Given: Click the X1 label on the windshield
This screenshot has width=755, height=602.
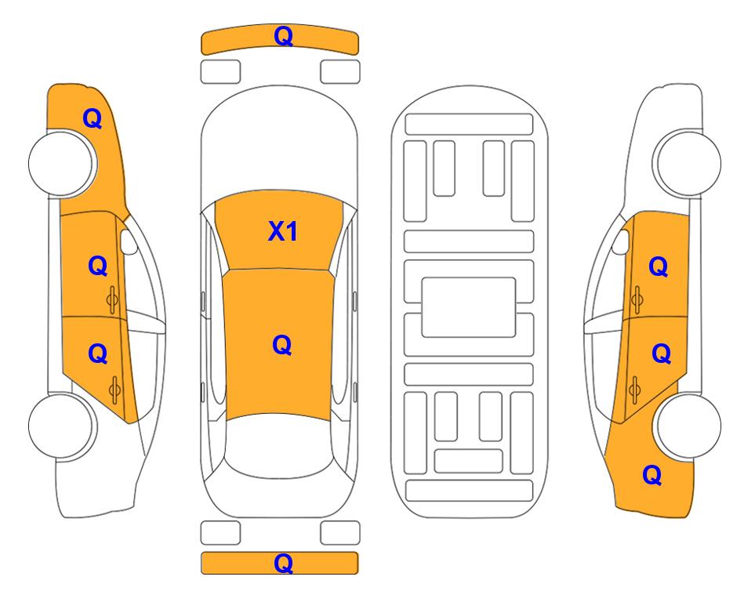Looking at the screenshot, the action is tap(283, 231).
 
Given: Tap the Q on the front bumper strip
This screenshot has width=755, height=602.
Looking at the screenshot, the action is tap(283, 36).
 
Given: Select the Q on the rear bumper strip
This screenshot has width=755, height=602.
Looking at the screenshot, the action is tap(283, 563).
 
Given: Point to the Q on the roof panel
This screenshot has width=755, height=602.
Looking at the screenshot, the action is tap(282, 345).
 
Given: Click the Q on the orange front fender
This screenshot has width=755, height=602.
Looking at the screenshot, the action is tap(93, 118).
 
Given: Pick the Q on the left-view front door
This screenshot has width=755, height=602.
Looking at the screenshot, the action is tap(98, 266).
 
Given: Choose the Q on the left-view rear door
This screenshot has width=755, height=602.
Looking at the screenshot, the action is tap(98, 354).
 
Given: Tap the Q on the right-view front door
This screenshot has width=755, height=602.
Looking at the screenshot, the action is tap(659, 267).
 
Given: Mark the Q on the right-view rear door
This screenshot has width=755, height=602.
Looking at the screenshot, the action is tap(661, 354).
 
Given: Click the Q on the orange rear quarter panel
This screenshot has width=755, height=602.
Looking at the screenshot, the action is tap(652, 475).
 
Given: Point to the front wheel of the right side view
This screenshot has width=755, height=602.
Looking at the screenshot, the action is tap(688, 164).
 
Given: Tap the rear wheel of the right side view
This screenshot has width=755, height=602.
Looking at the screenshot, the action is tap(688, 426).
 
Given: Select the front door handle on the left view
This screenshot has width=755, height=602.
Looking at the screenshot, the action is tap(113, 299).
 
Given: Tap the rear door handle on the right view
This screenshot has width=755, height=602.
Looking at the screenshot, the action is tap(634, 390).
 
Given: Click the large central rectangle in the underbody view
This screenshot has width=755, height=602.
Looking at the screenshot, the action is tap(469, 307).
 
